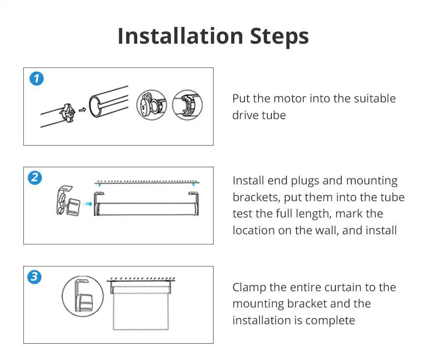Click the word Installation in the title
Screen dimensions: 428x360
click(180, 36)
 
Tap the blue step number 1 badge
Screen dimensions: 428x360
click(37, 79)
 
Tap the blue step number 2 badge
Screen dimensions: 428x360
click(35, 178)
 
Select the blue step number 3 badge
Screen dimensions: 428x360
click(34, 277)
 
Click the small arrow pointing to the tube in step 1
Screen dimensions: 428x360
click(83, 110)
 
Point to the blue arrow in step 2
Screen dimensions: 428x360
click(88, 204)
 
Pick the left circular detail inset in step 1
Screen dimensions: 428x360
click(152, 105)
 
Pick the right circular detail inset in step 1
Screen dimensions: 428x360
click(187, 105)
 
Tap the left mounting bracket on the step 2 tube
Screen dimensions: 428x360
click(97, 204)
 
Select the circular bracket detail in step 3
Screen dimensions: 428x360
click(83, 296)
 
